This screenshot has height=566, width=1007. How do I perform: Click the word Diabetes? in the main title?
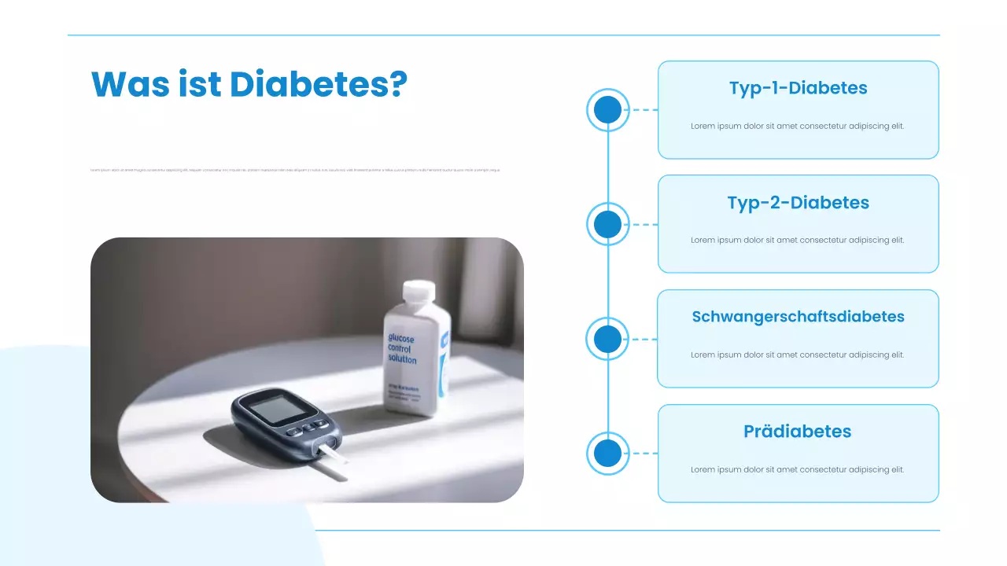(319, 84)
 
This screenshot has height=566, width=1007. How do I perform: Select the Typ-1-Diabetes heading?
(798, 88)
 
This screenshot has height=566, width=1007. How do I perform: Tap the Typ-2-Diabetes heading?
(798, 203)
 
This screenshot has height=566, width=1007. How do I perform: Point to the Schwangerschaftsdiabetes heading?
(798, 317)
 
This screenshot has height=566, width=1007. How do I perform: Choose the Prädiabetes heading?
(798, 432)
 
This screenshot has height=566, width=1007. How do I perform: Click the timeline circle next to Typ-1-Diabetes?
(607, 110)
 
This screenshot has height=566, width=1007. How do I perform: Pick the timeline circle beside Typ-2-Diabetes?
(607, 225)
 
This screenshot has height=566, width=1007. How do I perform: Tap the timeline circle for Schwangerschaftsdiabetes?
(607, 340)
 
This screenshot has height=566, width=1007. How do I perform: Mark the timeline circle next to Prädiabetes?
(607, 454)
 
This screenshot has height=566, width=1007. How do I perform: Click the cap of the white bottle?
(419, 292)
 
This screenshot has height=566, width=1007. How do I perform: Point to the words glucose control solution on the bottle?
(402, 349)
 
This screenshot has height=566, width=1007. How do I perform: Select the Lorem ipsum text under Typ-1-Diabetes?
(798, 126)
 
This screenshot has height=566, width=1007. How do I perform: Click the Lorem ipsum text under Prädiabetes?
(798, 469)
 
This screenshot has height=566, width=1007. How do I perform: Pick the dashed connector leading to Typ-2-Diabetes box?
(644, 225)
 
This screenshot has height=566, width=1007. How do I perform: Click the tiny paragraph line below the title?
(295, 170)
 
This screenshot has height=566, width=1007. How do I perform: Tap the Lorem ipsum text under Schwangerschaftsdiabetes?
(798, 355)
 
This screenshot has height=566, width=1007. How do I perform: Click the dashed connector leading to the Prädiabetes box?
(644, 454)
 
